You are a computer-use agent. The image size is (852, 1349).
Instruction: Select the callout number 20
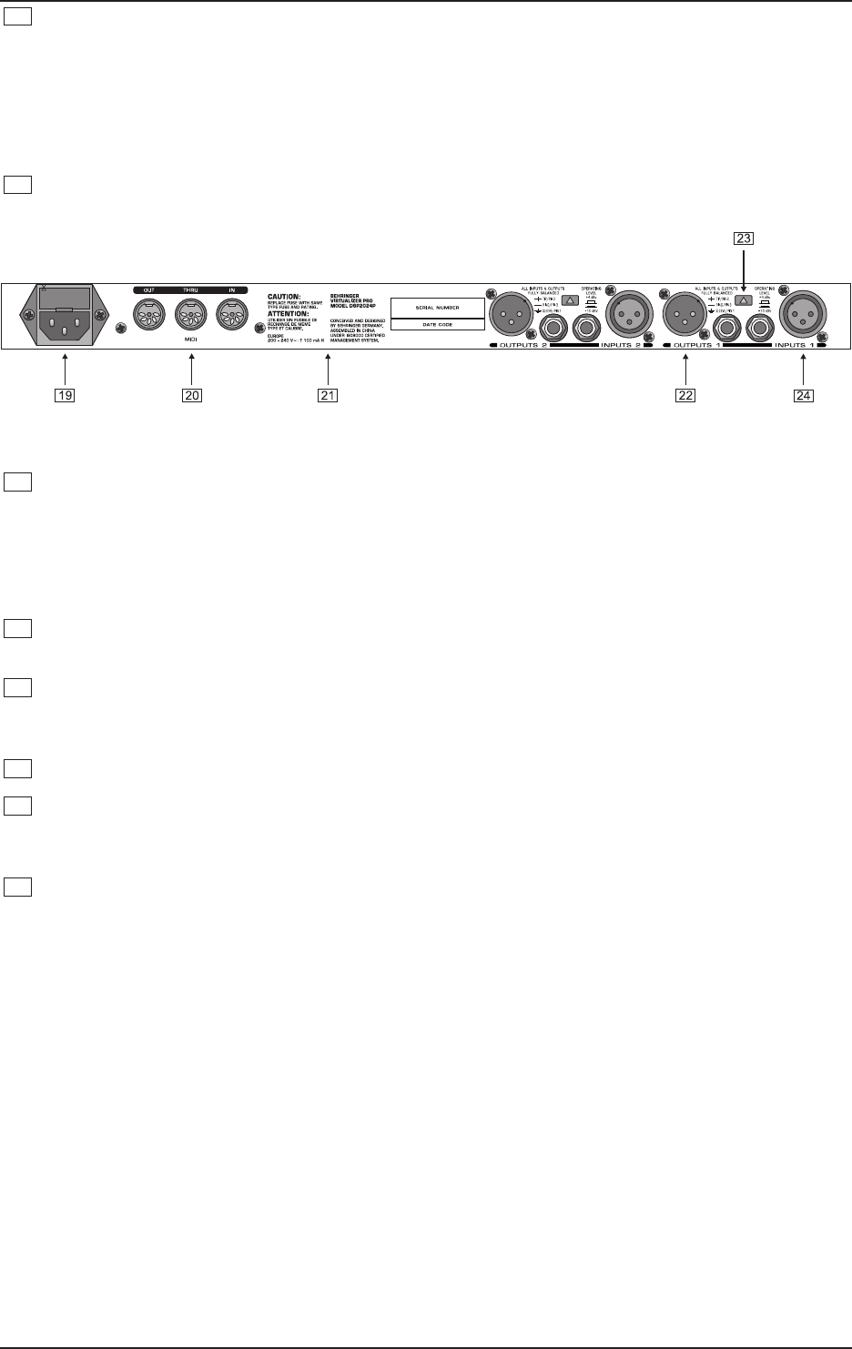pyautogui.click(x=191, y=395)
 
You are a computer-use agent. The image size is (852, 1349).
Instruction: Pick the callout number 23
pyautogui.click(x=744, y=240)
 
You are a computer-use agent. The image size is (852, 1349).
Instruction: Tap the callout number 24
pyautogui.click(x=803, y=395)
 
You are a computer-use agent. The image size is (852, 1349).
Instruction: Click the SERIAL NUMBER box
pyautogui.click(x=437, y=308)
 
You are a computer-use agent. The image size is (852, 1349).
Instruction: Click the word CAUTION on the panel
pyautogui.click(x=284, y=297)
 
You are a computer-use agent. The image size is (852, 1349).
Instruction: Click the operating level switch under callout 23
pyautogui.click(x=744, y=299)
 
